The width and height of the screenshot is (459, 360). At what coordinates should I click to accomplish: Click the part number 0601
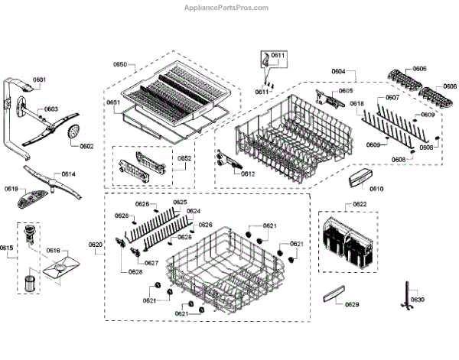click(x=39, y=80)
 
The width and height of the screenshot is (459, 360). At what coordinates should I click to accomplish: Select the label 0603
click(x=50, y=109)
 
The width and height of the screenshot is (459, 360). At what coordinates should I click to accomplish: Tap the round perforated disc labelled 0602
click(x=73, y=133)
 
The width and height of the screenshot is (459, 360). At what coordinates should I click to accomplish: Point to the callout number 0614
click(x=68, y=174)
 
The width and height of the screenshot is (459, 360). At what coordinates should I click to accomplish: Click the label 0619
click(x=11, y=189)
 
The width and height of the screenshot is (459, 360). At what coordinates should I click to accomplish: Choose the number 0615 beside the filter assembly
click(x=6, y=248)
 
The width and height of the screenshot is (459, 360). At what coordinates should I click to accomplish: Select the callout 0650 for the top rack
click(x=120, y=65)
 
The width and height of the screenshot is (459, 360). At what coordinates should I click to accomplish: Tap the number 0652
click(x=185, y=159)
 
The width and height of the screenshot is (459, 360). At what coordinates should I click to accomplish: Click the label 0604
click(x=337, y=71)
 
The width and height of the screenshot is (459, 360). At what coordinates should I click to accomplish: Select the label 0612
click(x=247, y=174)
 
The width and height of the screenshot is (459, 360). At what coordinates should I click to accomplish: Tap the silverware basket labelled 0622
click(x=348, y=242)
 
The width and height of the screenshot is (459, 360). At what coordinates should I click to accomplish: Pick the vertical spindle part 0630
click(x=405, y=297)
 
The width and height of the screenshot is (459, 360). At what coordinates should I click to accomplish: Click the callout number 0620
click(x=95, y=245)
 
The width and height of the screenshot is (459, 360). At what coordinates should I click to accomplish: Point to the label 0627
click(x=151, y=263)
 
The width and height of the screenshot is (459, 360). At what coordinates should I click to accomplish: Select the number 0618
click(x=357, y=103)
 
